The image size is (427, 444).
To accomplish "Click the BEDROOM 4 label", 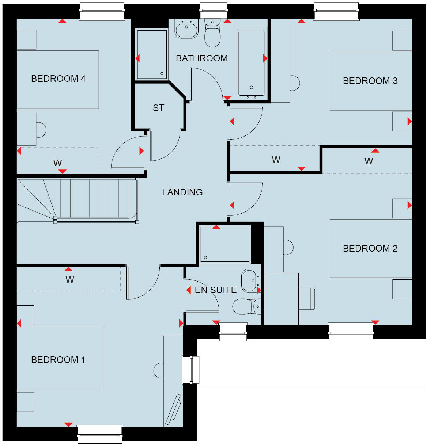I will coord(58,79).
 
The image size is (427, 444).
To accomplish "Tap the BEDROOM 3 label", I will coord(370,81).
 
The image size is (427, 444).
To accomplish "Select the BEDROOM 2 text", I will coord(370,248).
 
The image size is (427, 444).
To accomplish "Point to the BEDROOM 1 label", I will coord(58,360).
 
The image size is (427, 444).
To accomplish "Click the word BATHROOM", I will coord(201,58).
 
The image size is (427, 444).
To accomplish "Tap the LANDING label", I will coord(182,192).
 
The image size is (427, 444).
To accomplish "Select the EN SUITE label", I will coord(215,290).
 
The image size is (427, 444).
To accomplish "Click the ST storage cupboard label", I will coord(158,108).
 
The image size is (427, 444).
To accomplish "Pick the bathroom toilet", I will coord(212,34).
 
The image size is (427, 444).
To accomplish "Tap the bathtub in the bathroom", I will coord(251,63).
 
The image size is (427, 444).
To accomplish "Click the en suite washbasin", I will coord(250,280).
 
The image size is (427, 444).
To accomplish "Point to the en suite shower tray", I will coord(224,244).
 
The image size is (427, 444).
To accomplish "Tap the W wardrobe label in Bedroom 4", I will coord(57,163).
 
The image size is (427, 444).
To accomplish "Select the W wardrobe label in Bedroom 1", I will coord(69,280).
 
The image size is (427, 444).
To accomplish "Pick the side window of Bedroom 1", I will coord(190,370).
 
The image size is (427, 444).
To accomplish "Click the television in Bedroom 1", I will coord(173,409).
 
